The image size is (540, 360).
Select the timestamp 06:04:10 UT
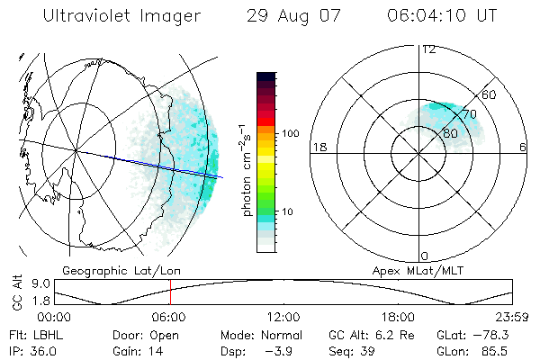pos(443,15)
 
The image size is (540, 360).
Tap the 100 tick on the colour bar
pos(289,133)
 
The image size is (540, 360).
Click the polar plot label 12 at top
pos(428,49)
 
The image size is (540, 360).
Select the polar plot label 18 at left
pos(318,147)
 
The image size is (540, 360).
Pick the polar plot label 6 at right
pos(523,147)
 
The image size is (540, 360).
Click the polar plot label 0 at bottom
pos(425,256)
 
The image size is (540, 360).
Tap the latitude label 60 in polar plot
pos(490,94)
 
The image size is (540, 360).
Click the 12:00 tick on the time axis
pos(283,317)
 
